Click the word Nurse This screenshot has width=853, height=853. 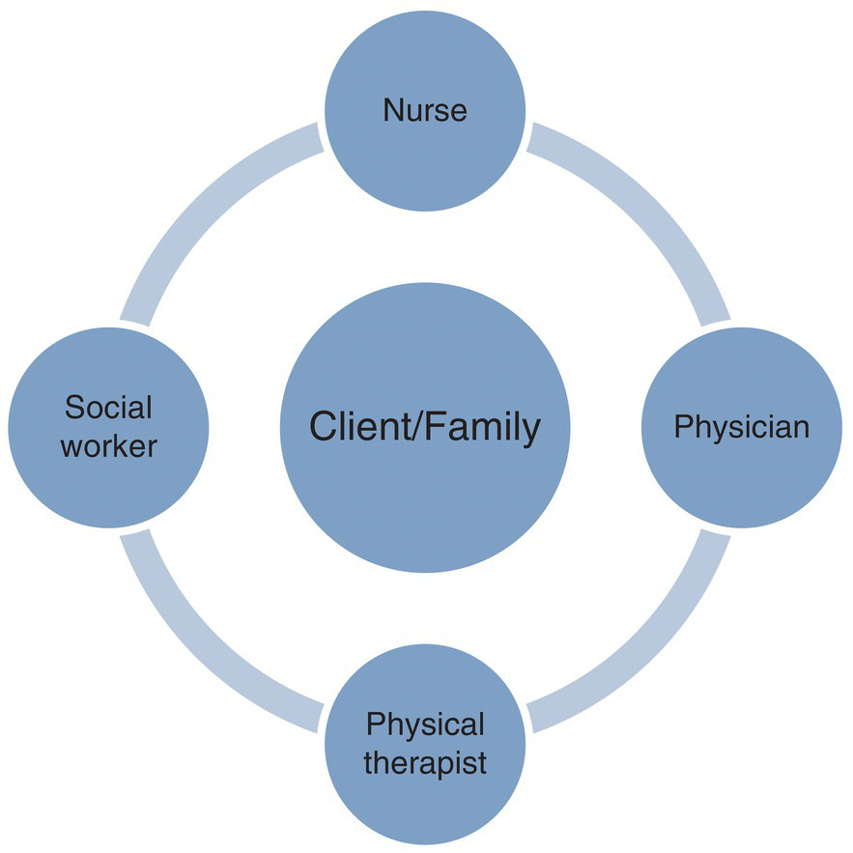[x=425, y=109]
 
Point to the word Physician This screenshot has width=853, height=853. [x=741, y=426]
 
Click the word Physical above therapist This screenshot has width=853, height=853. [x=425, y=724]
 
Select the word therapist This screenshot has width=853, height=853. [x=425, y=763]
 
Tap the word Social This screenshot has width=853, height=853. [x=109, y=407]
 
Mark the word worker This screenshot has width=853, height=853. [x=109, y=447]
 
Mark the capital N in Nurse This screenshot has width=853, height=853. [x=391, y=109]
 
